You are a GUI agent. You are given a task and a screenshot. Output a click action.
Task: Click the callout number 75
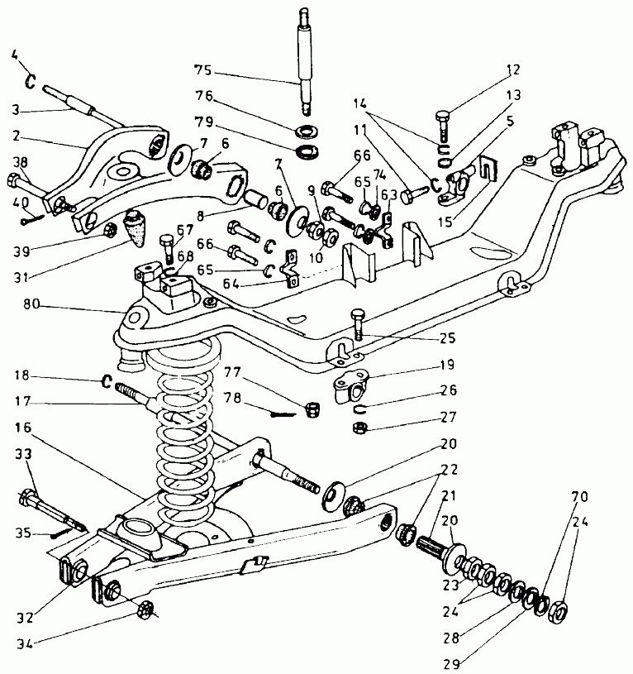click(x=203, y=69)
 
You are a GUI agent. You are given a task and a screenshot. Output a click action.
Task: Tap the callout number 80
click(x=31, y=304)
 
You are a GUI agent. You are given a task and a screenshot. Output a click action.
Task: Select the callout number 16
click(x=23, y=428)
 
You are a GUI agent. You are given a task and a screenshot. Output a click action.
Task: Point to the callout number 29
click(x=451, y=664)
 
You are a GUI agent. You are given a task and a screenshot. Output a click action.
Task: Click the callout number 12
click(x=512, y=69)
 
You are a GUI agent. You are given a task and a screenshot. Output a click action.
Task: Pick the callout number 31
click(x=21, y=278)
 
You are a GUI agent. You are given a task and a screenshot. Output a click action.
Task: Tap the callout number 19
click(x=448, y=365)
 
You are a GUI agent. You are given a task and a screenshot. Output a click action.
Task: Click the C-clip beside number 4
click(x=30, y=81)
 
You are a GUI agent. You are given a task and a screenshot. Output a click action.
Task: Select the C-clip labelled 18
click(x=107, y=381)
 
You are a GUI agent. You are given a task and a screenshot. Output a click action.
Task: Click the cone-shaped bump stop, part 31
click(x=134, y=227)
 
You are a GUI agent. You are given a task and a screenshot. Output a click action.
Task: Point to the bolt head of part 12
click(x=443, y=116)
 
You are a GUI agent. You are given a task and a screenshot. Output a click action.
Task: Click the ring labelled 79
click(x=306, y=151)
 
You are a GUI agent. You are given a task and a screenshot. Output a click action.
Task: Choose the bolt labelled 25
click(x=358, y=324)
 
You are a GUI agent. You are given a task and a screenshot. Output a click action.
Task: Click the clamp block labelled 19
click(x=352, y=389)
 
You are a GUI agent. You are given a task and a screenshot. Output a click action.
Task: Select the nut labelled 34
click(x=144, y=610)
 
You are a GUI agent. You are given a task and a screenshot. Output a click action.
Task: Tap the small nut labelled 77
click(x=313, y=409)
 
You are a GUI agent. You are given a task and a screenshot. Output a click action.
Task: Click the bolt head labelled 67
click(x=166, y=240)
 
